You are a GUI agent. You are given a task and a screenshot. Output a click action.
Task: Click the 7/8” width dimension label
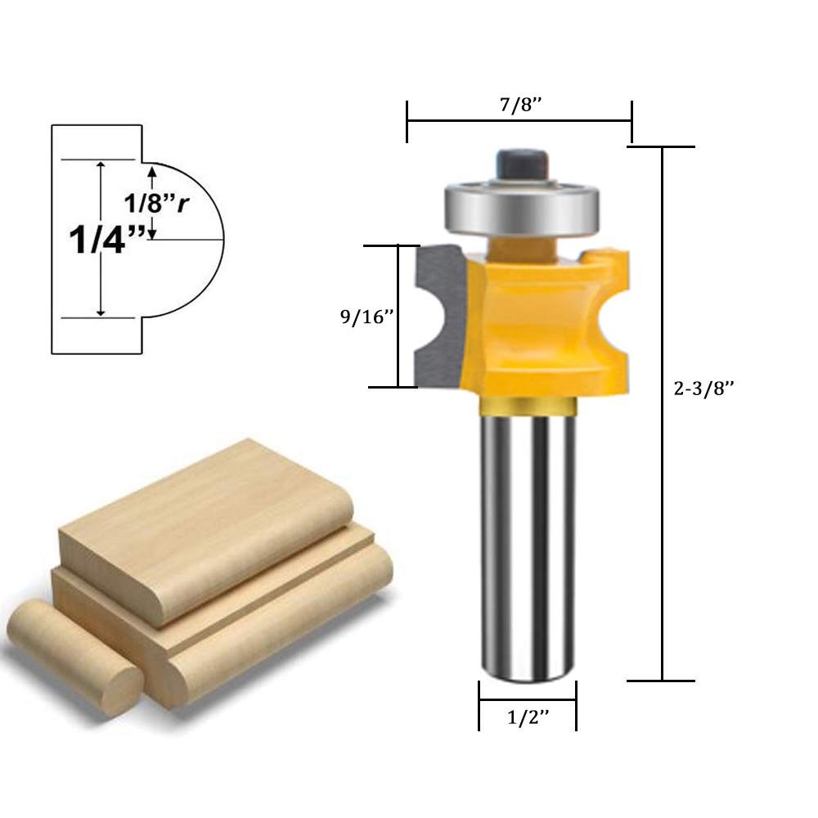[x=520, y=105]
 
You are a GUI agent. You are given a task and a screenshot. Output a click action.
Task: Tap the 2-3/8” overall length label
[x=703, y=388]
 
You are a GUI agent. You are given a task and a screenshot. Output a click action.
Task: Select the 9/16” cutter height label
[x=366, y=316]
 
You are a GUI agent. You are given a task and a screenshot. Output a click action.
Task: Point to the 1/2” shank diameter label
[x=528, y=717]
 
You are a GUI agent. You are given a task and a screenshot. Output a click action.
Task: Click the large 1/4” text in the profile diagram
[x=107, y=240]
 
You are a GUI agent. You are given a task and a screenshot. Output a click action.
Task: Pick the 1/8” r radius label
[x=156, y=202]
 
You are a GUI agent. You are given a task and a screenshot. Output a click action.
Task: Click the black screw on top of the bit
[x=522, y=165]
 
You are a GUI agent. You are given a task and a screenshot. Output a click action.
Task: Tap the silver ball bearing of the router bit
[x=522, y=207]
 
